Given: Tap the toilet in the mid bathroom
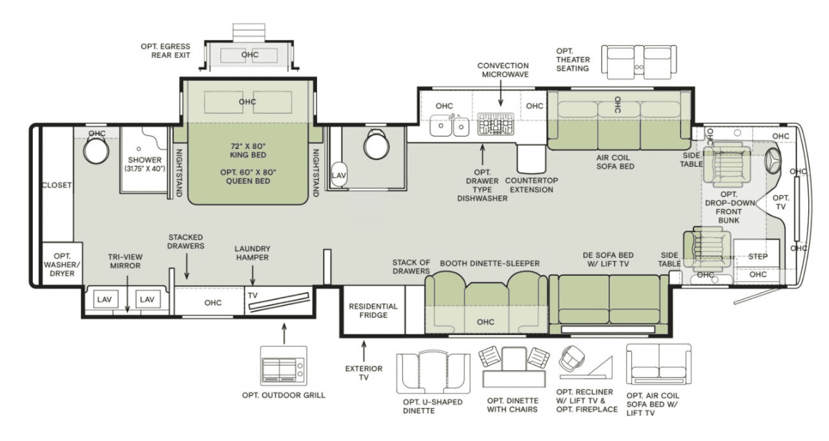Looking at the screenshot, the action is [x=377, y=144].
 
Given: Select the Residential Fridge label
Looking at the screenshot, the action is [x=373, y=311].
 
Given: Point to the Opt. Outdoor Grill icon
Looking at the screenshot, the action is [x=283, y=366].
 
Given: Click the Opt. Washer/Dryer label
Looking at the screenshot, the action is [x=62, y=264].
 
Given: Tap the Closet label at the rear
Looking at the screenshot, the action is [x=57, y=185].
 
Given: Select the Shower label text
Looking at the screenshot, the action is [x=145, y=160].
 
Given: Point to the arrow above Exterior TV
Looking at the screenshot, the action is [x=363, y=351].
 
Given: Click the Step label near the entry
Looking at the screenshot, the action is [x=757, y=256].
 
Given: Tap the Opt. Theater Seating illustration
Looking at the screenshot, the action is [x=639, y=62].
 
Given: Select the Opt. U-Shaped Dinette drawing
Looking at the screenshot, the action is [x=433, y=372].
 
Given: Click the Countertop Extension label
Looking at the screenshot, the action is [x=531, y=185].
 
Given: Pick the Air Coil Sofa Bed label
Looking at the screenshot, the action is [x=616, y=162].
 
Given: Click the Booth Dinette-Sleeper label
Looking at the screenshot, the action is [x=490, y=263].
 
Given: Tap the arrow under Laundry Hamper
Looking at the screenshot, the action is [x=253, y=275].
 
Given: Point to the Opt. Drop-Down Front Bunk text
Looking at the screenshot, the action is [x=729, y=208].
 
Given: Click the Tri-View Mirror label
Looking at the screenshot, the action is [x=125, y=261].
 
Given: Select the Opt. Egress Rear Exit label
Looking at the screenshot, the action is [x=165, y=51].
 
